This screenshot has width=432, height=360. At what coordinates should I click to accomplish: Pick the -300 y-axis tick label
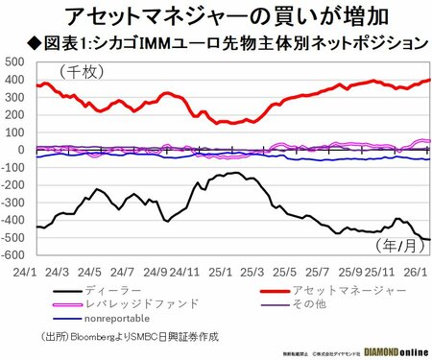[x=12, y=203]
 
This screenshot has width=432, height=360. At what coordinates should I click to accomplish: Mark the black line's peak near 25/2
[x=232, y=173]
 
